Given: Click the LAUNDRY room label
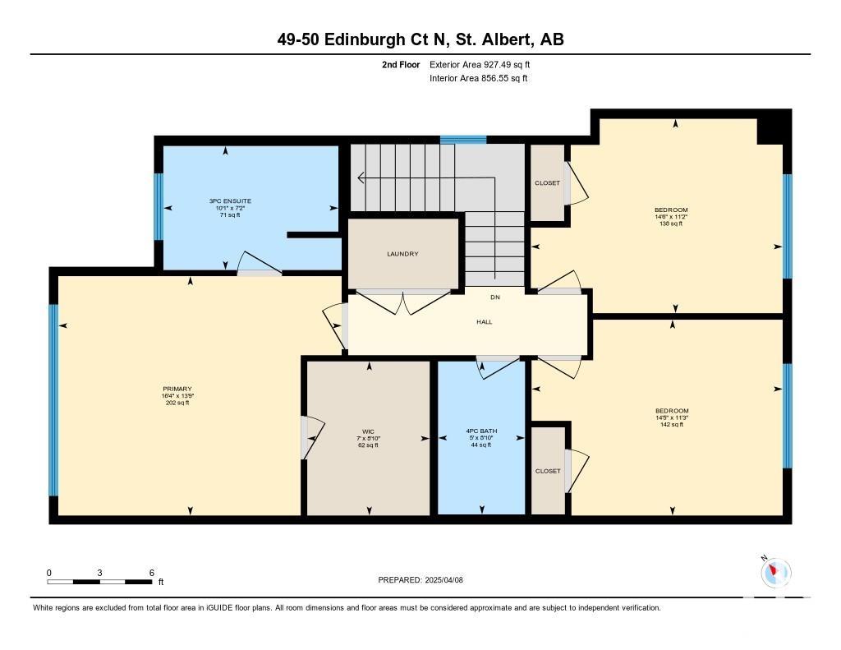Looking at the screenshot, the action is pyautogui.click(x=402, y=254).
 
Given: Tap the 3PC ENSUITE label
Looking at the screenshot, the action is pyautogui.click(x=230, y=201).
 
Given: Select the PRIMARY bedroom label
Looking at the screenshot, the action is pyautogui.click(x=177, y=390).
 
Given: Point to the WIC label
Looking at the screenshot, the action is pyautogui.click(x=368, y=431).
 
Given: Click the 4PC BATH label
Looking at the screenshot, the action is pyautogui.click(x=481, y=431).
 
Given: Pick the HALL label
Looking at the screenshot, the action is pyautogui.click(x=485, y=322).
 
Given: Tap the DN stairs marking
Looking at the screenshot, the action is pyautogui.click(x=495, y=297).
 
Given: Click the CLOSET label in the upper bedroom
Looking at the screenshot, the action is pyautogui.click(x=547, y=183).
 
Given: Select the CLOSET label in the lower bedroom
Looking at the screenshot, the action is pyautogui.click(x=548, y=471).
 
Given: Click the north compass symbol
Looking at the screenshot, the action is pyautogui.click(x=775, y=572).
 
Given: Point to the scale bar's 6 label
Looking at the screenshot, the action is pyautogui.click(x=152, y=573).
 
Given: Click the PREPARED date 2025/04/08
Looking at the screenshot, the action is pyautogui.click(x=443, y=580).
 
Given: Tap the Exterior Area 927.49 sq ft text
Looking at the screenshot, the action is pyautogui.click(x=480, y=65).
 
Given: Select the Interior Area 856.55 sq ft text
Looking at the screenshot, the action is pyautogui.click(x=479, y=78).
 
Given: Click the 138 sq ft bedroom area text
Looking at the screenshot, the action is pyautogui.click(x=670, y=224).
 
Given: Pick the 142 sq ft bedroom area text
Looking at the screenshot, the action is pyautogui.click(x=672, y=425).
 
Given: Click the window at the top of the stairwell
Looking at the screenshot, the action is pyautogui.click(x=463, y=140).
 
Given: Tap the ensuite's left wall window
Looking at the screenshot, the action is pyautogui.click(x=159, y=206).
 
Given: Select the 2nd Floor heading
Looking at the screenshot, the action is pyautogui.click(x=401, y=65).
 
